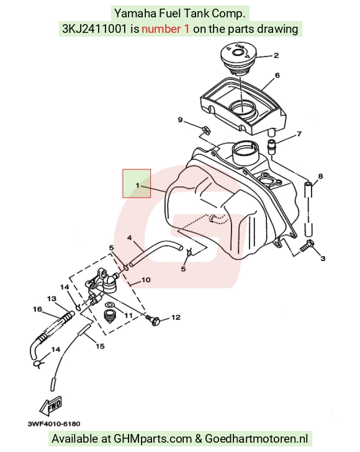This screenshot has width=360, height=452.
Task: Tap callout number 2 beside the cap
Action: point(276,55)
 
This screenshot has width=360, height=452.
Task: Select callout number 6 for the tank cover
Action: point(277,75)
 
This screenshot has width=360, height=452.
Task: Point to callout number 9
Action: point(180,120)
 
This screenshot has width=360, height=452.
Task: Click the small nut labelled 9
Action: point(205,130)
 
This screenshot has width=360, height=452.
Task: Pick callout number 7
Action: point(299,134)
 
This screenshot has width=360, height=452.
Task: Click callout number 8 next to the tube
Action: point(320,176)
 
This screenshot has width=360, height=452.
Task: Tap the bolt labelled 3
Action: point(307,246)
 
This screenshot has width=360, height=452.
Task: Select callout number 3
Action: point(323,259)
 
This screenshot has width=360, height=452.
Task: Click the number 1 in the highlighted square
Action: point(138,185)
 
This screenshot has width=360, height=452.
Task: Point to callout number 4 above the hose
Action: point(130,238)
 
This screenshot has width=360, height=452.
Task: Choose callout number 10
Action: point(146,280)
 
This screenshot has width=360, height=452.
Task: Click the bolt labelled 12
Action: point(152,319)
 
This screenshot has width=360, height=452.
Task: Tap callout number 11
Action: point(128,316)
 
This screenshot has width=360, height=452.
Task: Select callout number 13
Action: point(52,299)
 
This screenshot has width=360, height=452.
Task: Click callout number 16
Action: point(37,309)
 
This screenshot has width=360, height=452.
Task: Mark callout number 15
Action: point(100,346)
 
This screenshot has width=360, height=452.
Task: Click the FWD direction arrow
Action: point(51,405)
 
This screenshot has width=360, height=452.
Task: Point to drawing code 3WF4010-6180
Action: point(54,423)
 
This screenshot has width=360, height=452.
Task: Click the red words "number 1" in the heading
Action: point(166,29)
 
